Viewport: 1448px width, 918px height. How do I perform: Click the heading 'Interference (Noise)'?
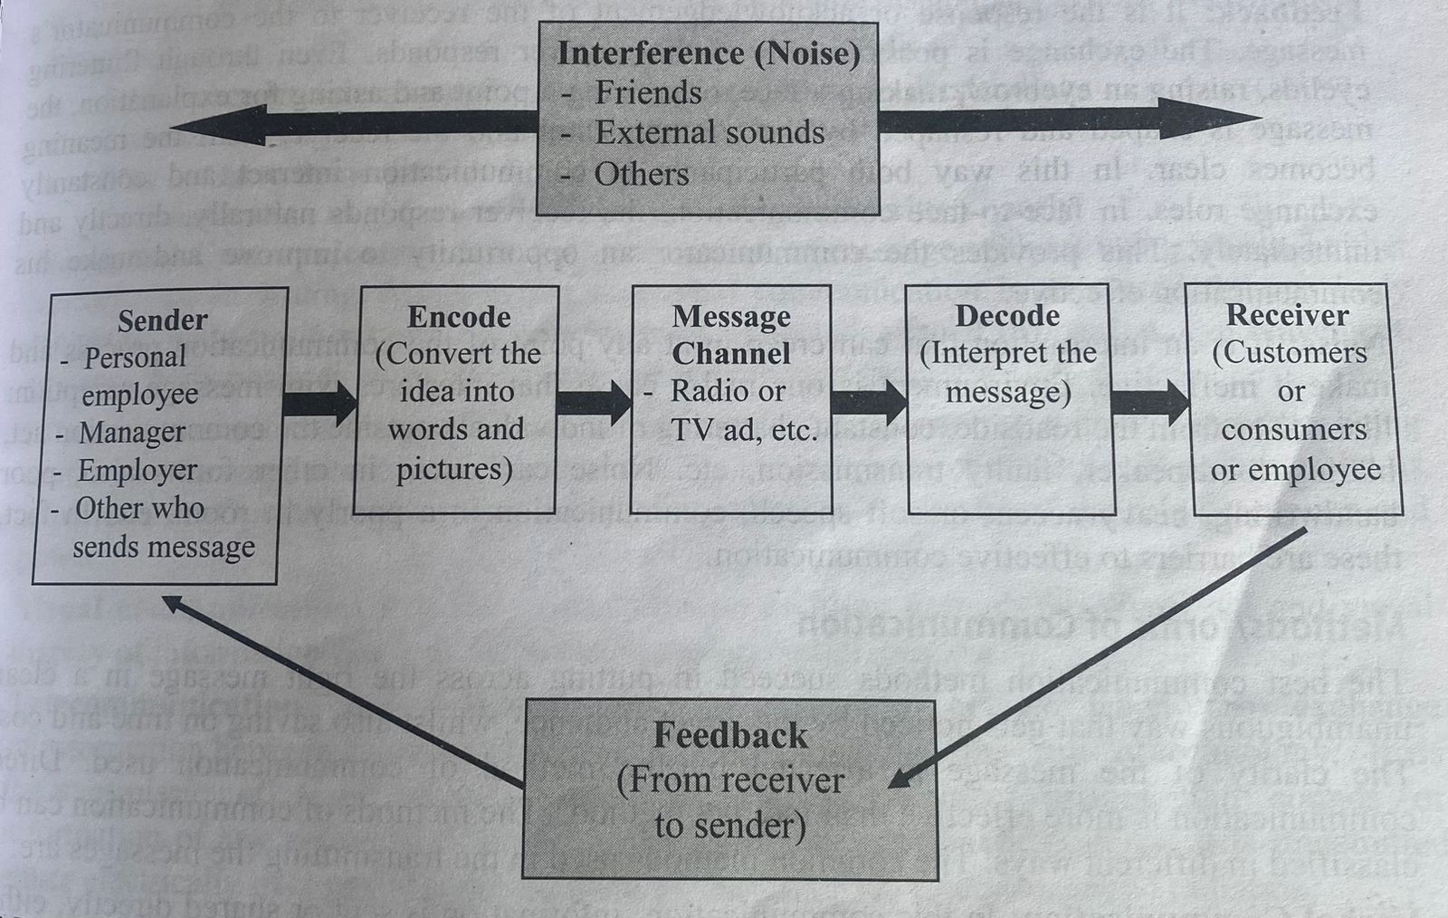pyautogui.click(x=709, y=53)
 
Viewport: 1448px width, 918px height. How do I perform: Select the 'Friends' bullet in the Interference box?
pyautogui.click(x=648, y=92)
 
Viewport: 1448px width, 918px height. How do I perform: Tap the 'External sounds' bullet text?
pyautogui.click(x=710, y=133)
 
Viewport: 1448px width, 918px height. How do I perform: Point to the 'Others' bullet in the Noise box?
pyautogui.click(x=641, y=173)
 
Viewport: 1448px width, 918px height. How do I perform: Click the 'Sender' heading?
pyautogui.click(x=162, y=320)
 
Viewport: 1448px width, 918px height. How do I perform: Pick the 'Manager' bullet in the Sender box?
pyautogui.click(x=131, y=433)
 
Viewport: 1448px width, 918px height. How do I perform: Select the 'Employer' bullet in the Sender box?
pyautogui.click(x=137, y=471)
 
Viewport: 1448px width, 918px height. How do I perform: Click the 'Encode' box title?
pyautogui.click(x=459, y=317)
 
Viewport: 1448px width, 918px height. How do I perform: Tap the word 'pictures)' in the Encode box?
pyautogui.click(x=454, y=469)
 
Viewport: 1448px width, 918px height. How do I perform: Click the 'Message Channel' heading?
pyautogui.click(x=731, y=335)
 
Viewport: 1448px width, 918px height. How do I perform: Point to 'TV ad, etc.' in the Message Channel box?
pyautogui.click(x=744, y=430)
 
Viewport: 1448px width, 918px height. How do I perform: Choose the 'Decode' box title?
pyautogui.click(x=1007, y=316)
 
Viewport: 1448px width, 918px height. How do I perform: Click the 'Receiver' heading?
pyautogui.click(x=1287, y=315)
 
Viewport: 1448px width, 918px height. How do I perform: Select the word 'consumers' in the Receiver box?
pyautogui.click(x=1293, y=430)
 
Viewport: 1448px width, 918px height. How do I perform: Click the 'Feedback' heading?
pyautogui.click(x=730, y=735)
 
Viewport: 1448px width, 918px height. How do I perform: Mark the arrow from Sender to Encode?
pyautogui.click(x=320, y=404)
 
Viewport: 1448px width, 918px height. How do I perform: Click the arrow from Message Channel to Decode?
pyautogui.click(x=868, y=402)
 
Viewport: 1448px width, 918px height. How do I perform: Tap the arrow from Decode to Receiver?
pyautogui.click(x=1149, y=403)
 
